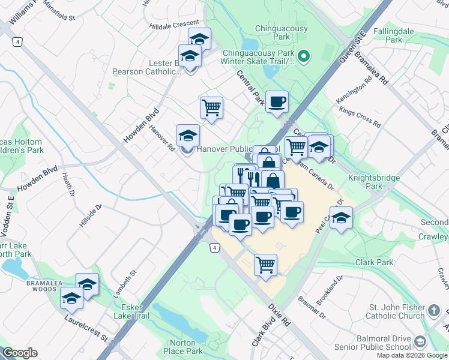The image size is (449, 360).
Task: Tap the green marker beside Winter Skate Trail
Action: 304,58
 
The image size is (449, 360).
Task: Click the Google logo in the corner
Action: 20,353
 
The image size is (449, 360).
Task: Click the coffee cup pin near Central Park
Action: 276,101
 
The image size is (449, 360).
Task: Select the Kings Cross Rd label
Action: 360,117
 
